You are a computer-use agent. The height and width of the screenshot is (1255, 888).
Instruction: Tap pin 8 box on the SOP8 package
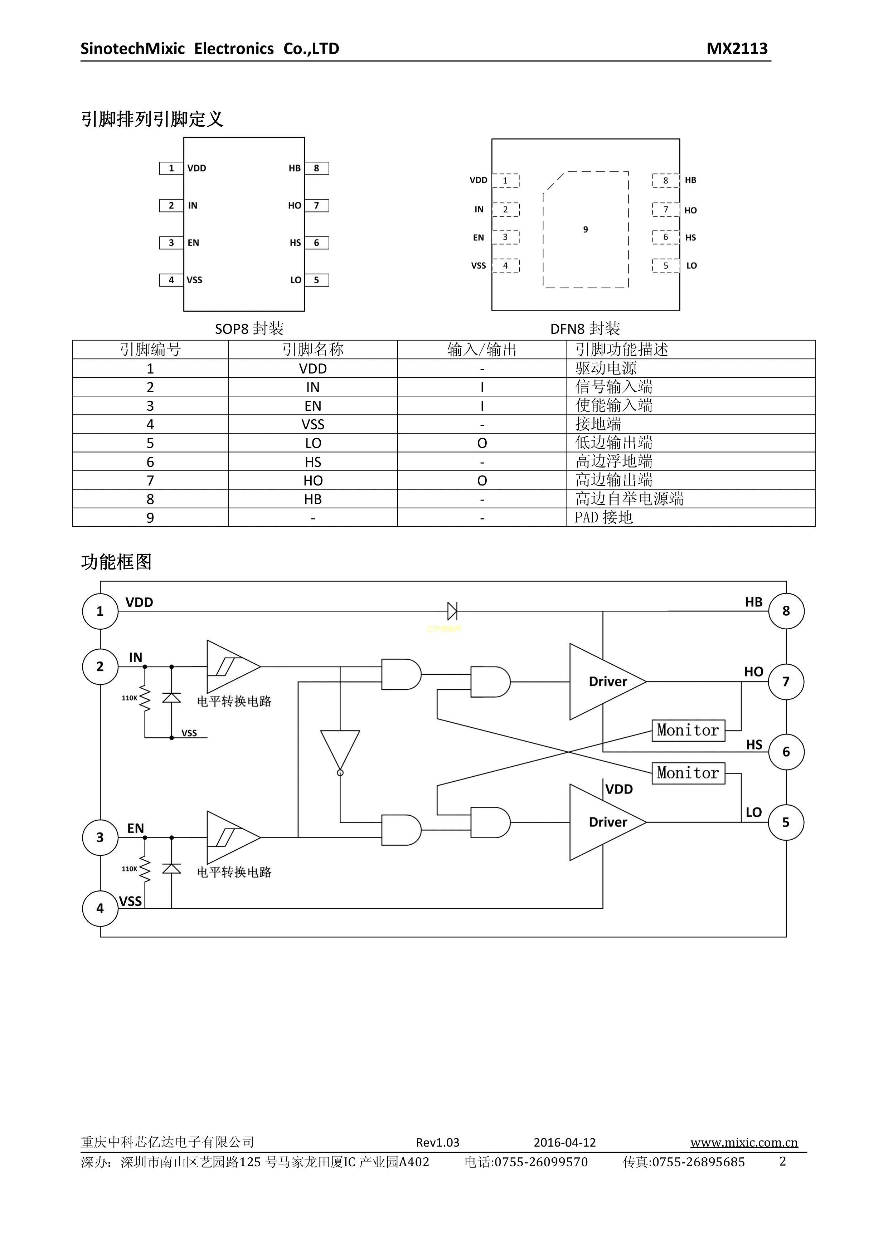click(317, 169)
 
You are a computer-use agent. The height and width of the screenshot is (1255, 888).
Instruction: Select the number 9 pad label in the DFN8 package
click(586, 230)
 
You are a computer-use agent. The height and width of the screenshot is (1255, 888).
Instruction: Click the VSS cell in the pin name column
click(313, 424)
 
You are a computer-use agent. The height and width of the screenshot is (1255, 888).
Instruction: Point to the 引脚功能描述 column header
click(622, 349)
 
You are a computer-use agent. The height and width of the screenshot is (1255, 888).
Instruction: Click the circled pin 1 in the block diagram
click(100, 611)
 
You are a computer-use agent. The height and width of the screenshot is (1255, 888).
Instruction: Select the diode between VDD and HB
click(452, 611)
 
